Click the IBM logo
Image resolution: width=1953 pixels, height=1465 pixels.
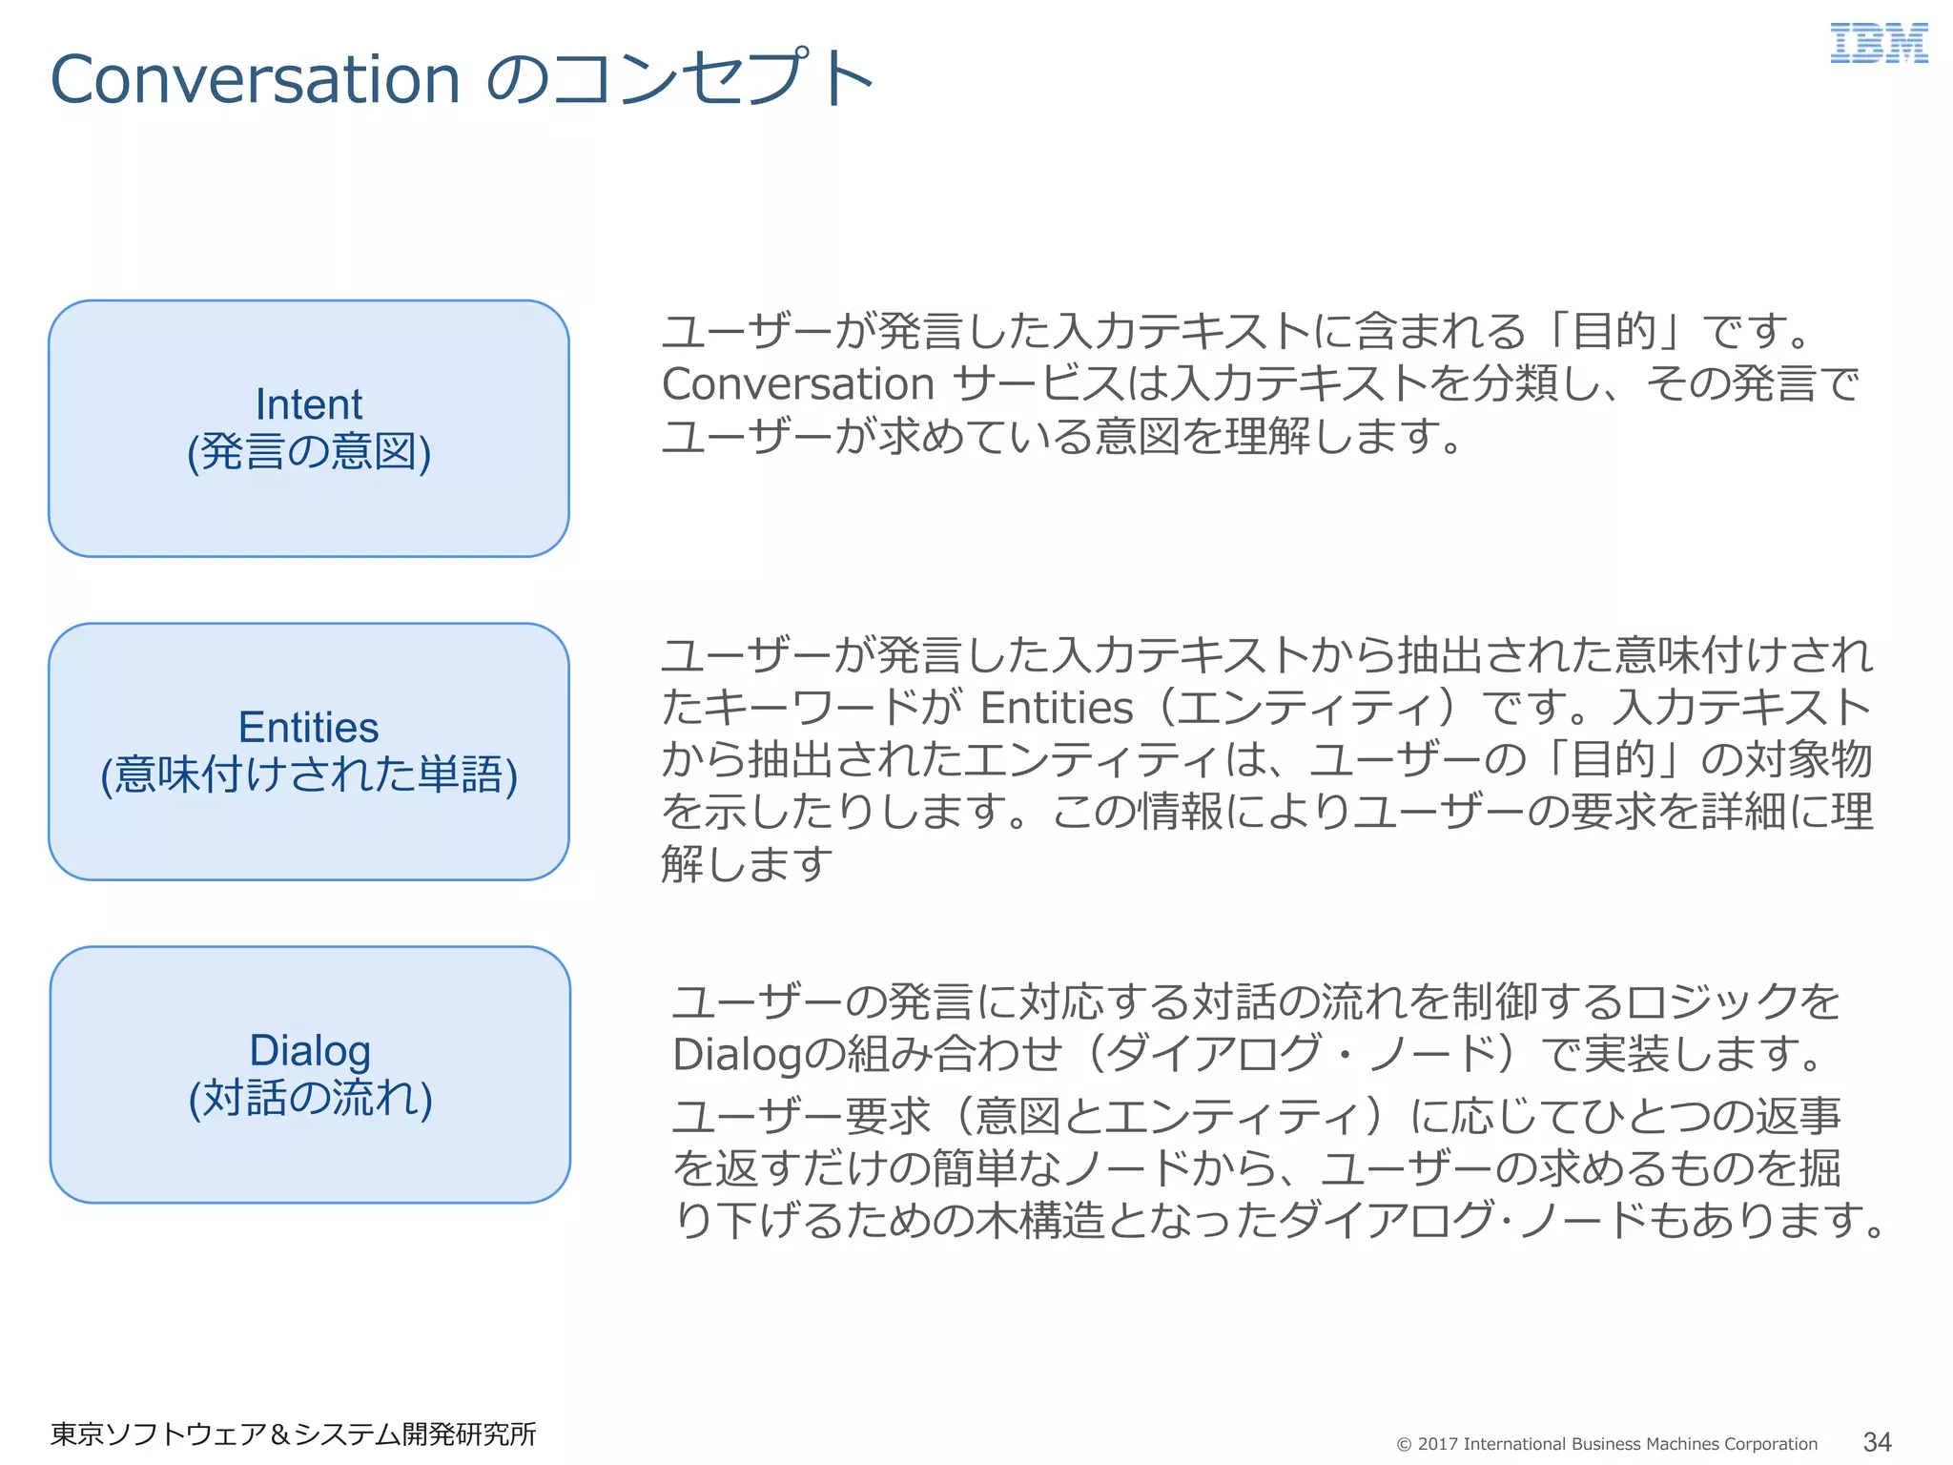click(1878, 45)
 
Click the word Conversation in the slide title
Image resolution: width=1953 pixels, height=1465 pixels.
click(256, 79)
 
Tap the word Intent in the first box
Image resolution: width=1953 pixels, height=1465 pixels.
click(308, 404)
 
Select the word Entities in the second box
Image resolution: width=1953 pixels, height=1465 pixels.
click(308, 728)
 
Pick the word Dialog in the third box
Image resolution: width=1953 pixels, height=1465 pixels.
click(310, 1050)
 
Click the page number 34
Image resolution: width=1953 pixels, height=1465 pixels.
click(1877, 1441)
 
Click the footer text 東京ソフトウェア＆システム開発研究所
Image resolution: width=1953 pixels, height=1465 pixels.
click(293, 1434)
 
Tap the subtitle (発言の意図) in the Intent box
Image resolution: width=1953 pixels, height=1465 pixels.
click(308, 452)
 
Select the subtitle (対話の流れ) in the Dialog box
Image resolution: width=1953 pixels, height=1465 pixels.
click(310, 1098)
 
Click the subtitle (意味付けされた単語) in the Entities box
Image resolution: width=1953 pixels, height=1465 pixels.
click(308, 774)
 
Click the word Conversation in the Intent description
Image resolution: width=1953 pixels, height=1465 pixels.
click(798, 384)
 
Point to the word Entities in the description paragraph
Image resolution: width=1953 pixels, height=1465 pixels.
click(1057, 709)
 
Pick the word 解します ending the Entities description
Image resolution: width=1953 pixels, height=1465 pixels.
click(747, 865)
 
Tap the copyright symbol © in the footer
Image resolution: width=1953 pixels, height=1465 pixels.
click(1404, 1445)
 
